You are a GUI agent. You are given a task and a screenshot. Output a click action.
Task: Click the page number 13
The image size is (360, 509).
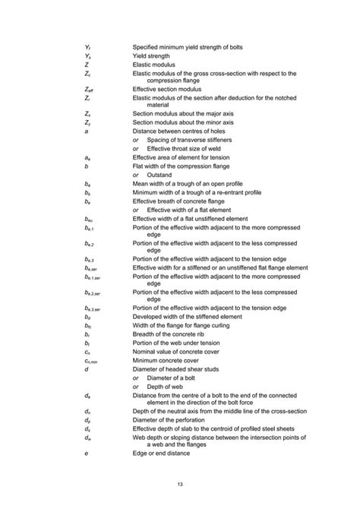click(180, 483)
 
